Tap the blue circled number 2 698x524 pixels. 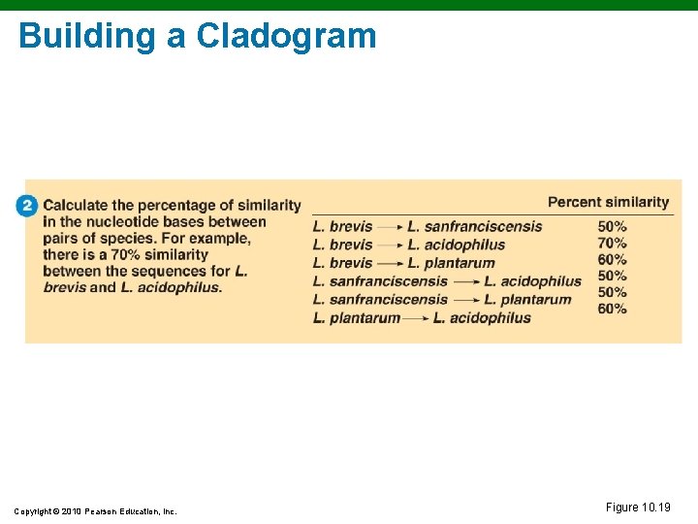point(27,206)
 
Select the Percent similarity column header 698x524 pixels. point(608,202)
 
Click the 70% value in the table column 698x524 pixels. point(612,244)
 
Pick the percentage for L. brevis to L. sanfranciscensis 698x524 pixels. point(612,226)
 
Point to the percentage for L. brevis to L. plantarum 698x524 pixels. point(612,260)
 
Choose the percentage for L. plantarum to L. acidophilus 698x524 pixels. point(612,309)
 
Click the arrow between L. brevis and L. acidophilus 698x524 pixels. point(390,245)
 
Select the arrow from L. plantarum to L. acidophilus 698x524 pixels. point(417,318)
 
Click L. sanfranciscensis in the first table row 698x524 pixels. point(475,226)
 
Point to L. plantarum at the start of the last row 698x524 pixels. point(356,318)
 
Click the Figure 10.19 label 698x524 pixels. point(638,508)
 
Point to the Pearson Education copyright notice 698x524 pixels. point(95,511)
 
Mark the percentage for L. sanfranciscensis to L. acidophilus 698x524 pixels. point(612,277)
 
